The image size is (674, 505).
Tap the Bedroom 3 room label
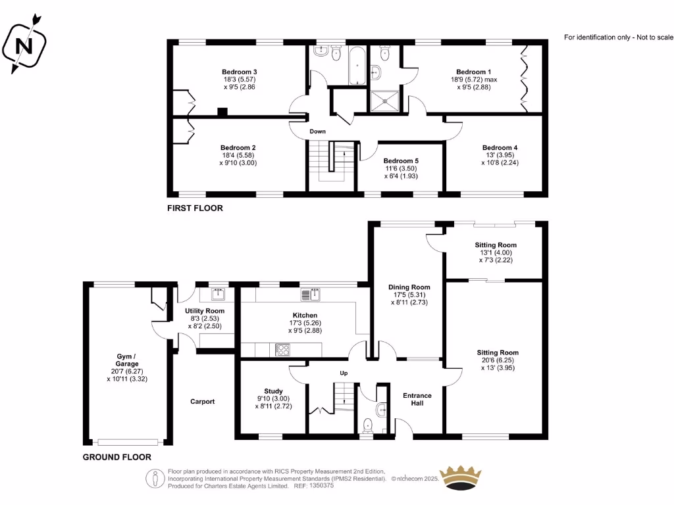[x=239, y=72]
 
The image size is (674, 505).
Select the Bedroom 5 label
[x=401, y=160]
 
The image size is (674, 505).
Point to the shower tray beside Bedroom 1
[x=385, y=99]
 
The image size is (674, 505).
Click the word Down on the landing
[x=318, y=132]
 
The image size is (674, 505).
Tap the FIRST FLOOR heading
[x=195, y=208]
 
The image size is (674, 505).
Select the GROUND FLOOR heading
[x=117, y=457]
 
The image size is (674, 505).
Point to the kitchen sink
[x=311, y=293]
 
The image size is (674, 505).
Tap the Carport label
[x=203, y=402]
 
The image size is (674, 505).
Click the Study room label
[x=272, y=391]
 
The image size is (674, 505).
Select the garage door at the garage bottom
[x=128, y=442]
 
